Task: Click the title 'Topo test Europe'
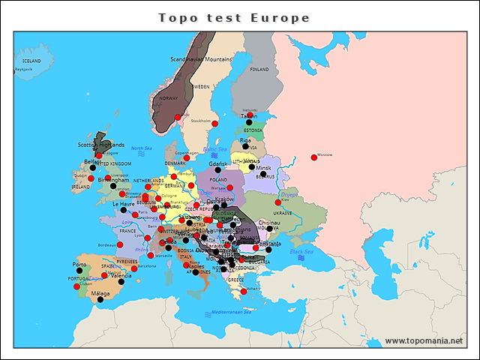pos(234,17)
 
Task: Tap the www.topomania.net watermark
pos(424,340)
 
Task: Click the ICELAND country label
pos(31,61)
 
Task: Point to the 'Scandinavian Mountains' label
pos(202,58)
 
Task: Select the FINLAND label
pos(259,69)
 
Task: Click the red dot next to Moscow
pos(313,157)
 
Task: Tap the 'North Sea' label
pos(142,148)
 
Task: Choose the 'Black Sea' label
pos(301,251)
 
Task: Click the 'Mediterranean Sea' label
pos(231,311)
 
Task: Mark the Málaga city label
pos(100,293)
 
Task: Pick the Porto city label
pos(79,265)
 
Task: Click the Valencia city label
pos(121,276)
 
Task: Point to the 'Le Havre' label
pos(124,204)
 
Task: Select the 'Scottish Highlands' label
pos(101,145)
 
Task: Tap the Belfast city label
pos(92,161)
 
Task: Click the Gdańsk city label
pos(218,163)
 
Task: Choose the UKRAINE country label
pos(282,213)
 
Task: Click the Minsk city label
pos(264,168)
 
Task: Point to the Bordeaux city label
pos(109,244)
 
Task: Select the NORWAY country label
pos(169,98)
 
